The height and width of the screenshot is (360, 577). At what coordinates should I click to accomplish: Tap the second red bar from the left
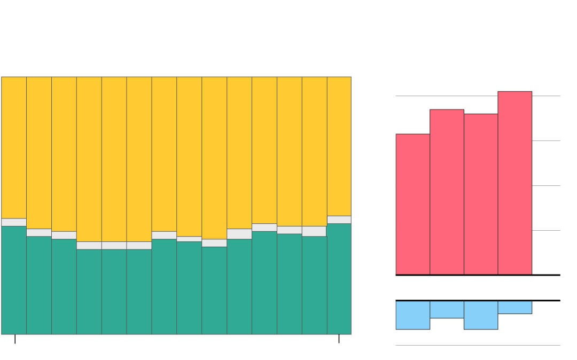pos(447,192)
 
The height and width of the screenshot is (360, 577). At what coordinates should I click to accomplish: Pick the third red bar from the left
pos(481,194)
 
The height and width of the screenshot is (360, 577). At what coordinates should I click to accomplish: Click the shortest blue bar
pos(514,307)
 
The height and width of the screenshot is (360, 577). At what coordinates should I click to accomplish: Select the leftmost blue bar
pos(412,315)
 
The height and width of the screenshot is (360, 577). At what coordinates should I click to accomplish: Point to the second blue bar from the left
pos(447,309)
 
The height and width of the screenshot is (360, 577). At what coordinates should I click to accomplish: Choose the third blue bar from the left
pos(481,315)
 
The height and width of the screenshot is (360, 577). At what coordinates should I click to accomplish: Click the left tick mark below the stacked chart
pos(15,339)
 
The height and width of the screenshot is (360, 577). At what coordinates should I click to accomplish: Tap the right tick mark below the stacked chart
pos(339,339)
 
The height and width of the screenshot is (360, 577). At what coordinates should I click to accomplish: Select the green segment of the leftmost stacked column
pos(14,280)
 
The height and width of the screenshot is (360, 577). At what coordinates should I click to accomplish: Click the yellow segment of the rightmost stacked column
pos(339,146)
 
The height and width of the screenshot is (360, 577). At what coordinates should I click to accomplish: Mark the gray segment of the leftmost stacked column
pos(14,222)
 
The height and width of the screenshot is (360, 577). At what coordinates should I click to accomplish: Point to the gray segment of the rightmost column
pos(339,220)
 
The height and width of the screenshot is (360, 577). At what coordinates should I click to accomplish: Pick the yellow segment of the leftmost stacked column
pos(14,147)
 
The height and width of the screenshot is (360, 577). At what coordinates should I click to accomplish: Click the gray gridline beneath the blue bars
pos(478,346)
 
